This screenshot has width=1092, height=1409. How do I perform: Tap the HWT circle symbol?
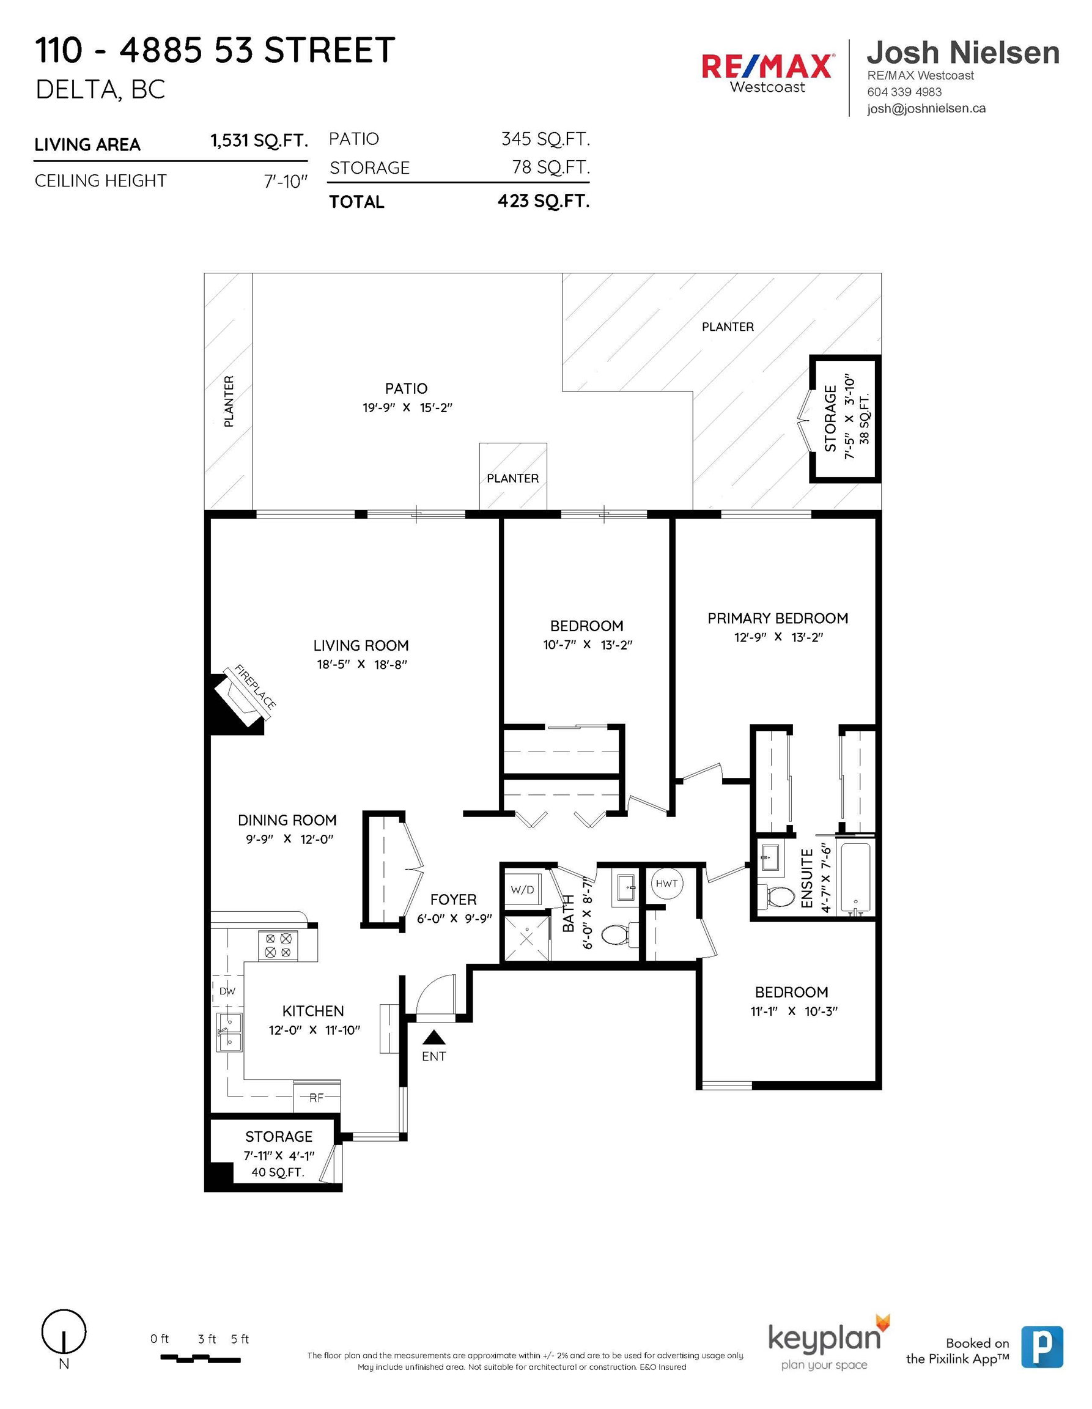(666, 883)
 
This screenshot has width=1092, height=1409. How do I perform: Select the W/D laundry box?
(523, 890)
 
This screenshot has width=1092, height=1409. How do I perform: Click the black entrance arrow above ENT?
(434, 1037)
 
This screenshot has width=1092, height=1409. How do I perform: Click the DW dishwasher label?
(227, 991)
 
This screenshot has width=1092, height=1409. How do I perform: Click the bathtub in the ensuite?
(855, 878)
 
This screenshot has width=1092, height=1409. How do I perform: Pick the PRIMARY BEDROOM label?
(778, 618)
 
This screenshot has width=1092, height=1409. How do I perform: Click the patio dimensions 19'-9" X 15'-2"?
(408, 408)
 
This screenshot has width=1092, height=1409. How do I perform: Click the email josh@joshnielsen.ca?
(926, 108)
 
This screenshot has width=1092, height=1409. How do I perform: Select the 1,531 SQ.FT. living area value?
(259, 141)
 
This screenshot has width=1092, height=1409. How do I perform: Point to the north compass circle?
(64, 1331)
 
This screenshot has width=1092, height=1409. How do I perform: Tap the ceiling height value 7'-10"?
(286, 181)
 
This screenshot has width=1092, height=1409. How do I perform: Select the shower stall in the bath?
(527, 937)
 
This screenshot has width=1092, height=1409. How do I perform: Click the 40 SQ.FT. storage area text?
(278, 1172)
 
